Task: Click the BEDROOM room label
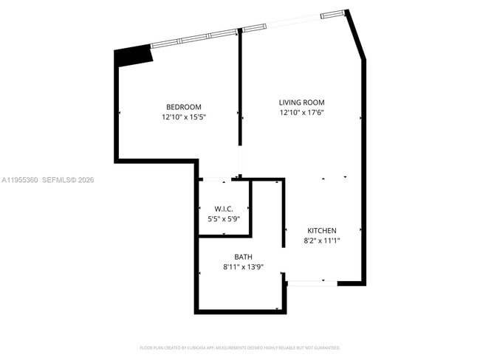(183, 107)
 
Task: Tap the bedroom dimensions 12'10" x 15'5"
(183, 117)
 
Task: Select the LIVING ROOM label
(301, 103)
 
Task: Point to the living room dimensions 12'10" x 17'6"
(301, 112)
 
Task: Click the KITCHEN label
(322, 230)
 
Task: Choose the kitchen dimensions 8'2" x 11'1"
(322, 240)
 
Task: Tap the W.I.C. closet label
(224, 209)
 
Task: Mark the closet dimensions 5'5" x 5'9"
(224, 218)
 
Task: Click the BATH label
(244, 257)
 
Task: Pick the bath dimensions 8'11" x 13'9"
(244, 266)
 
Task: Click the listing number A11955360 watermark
(19, 179)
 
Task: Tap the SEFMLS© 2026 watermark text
(68, 179)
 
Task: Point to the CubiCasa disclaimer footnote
(240, 347)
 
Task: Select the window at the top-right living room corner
(333, 13)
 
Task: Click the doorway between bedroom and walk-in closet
(216, 179)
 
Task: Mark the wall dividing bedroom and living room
(240, 89)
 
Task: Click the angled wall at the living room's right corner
(355, 35)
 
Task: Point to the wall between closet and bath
(224, 236)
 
